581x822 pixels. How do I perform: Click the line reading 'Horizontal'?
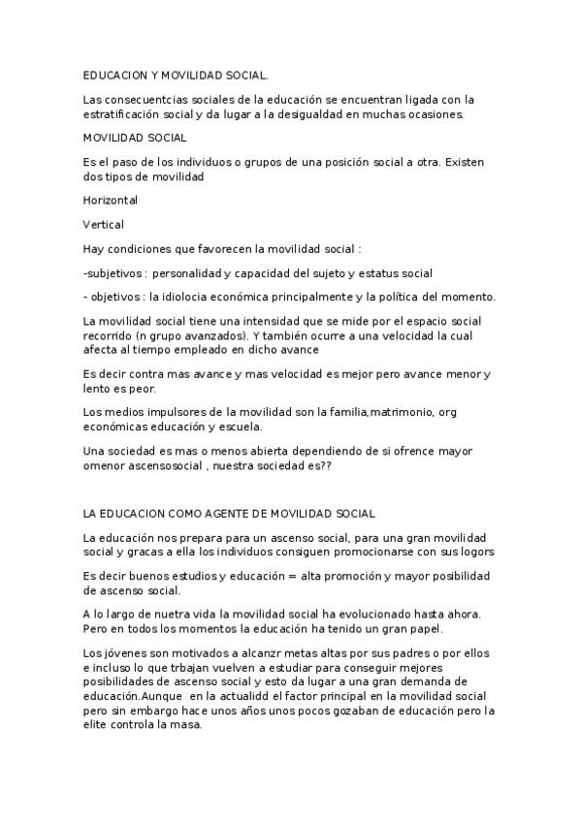(111, 201)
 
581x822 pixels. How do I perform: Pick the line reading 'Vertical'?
(104, 224)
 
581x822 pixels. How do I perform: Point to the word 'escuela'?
(247, 426)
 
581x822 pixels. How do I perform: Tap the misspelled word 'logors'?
(476, 552)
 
